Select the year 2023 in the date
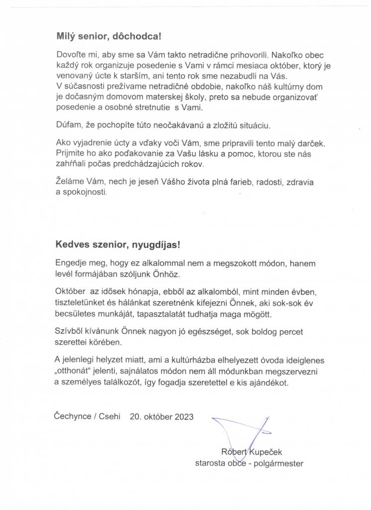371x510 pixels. pyautogui.click(x=184, y=416)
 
